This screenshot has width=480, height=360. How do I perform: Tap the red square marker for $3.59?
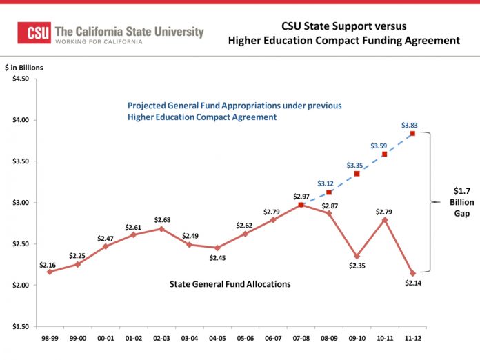point(384,154)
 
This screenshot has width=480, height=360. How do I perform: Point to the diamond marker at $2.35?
point(357,256)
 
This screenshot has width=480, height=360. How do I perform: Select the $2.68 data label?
point(162,219)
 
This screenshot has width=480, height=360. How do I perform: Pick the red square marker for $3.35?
point(357,174)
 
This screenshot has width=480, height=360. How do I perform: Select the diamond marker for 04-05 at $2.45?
point(217,248)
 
